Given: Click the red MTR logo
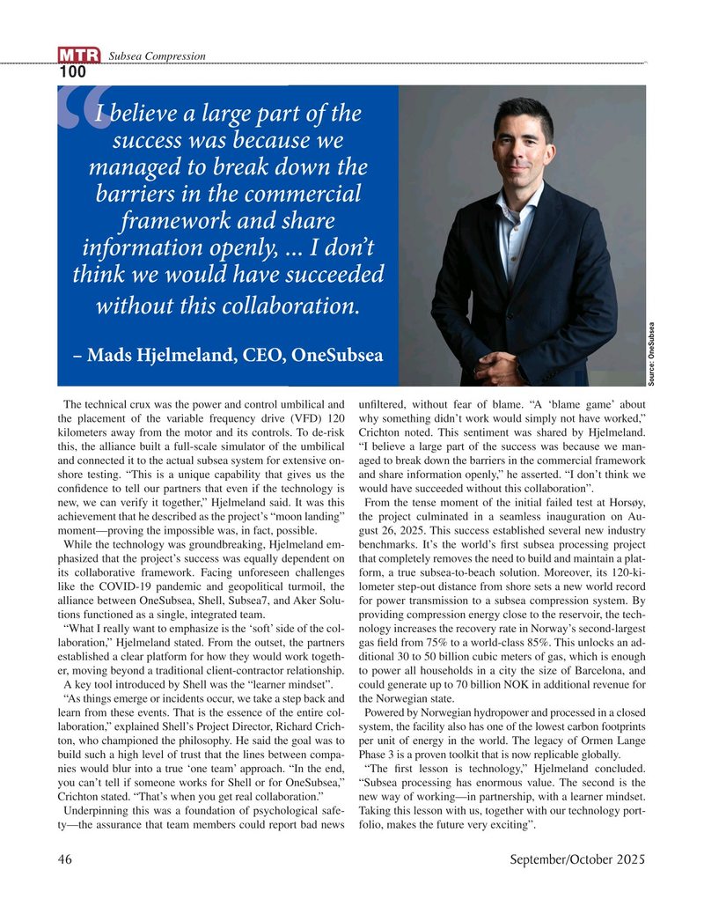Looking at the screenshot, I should tap(79, 56).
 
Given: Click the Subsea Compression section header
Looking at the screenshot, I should tap(157, 56).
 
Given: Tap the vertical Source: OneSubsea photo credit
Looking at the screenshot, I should tap(652, 350).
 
